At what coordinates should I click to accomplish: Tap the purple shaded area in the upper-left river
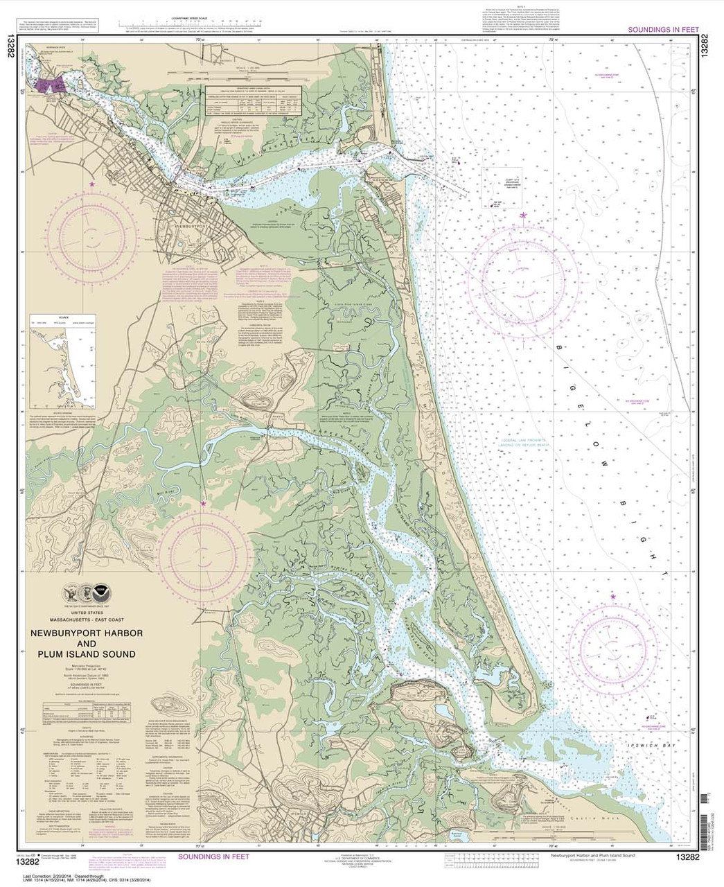pos(53,85)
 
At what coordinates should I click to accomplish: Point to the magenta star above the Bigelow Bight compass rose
pos(524,216)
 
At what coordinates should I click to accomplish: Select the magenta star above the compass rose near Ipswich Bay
pos(612,596)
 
